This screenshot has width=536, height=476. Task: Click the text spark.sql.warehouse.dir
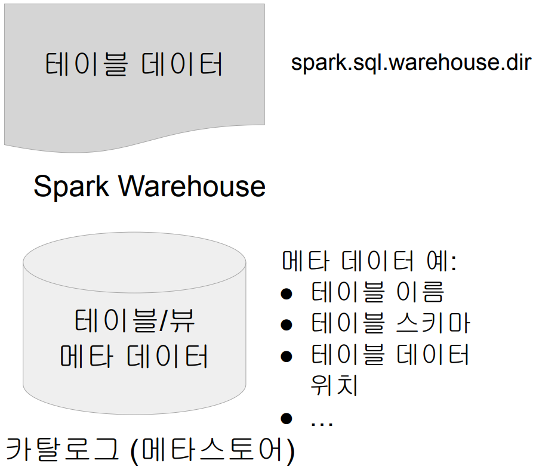click(411, 63)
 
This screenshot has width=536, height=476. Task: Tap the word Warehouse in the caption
click(192, 186)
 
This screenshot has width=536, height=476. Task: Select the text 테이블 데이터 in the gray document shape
click(134, 64)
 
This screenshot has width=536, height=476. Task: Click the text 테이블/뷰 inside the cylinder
click(135, 323)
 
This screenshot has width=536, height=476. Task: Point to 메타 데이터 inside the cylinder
click(134, 356)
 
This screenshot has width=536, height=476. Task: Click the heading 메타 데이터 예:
click(368, 261)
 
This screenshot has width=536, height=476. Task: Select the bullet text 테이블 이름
click(377, 292)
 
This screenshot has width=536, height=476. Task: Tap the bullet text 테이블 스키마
click(391, 323)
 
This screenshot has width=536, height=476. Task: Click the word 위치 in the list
click(334, 385)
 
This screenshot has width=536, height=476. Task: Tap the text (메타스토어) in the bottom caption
click(212, 451)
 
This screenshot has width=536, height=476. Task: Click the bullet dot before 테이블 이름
click(287, 293)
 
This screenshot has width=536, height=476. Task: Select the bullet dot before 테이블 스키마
click(287, 324)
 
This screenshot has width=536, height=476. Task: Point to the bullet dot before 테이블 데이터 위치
click(287, 356)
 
